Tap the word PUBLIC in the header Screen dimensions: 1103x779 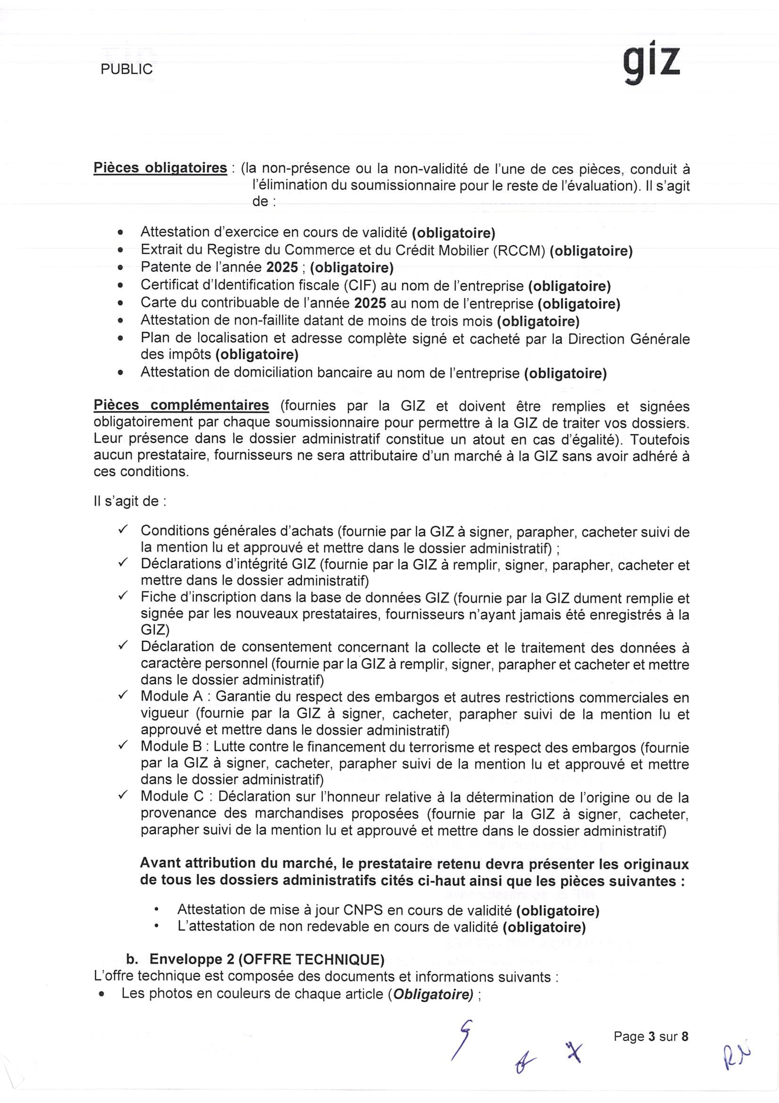click(127, 69)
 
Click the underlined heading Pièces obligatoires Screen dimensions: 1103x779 click(160, 168)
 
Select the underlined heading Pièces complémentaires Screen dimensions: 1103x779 click(181, 405)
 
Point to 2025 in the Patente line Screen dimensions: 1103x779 click(283, 267)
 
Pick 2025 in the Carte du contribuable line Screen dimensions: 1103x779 click(370, 303)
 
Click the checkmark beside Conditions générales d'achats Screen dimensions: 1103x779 click(123, 529)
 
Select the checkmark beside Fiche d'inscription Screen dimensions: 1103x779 click(123, 596)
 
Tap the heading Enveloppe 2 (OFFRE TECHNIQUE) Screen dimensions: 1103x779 click(266, 960)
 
